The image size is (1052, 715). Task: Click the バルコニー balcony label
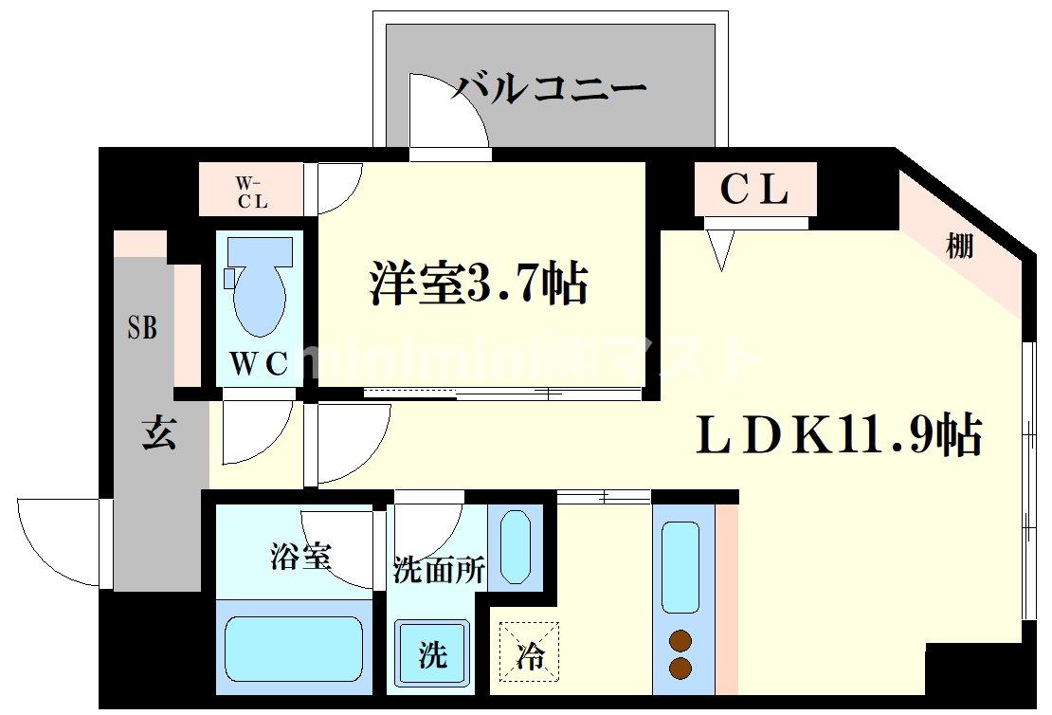[549, 89]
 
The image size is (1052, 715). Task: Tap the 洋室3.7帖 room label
[479, 282]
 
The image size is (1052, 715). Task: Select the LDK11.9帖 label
[838, 435]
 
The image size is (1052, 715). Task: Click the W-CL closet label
[251, 191]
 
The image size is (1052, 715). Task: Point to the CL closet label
[754, 191]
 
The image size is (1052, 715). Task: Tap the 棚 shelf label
[959, 247]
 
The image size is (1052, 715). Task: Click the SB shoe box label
[142, 328]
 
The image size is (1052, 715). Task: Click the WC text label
[259, 365]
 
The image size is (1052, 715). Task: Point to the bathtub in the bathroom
[294, 650]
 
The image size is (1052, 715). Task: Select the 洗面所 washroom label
[439, 571]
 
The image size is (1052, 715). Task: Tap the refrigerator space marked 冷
[529, 653]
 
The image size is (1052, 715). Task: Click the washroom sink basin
[516, 547]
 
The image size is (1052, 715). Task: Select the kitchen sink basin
[680, 566]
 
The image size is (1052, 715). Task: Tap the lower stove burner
[680, 668]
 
